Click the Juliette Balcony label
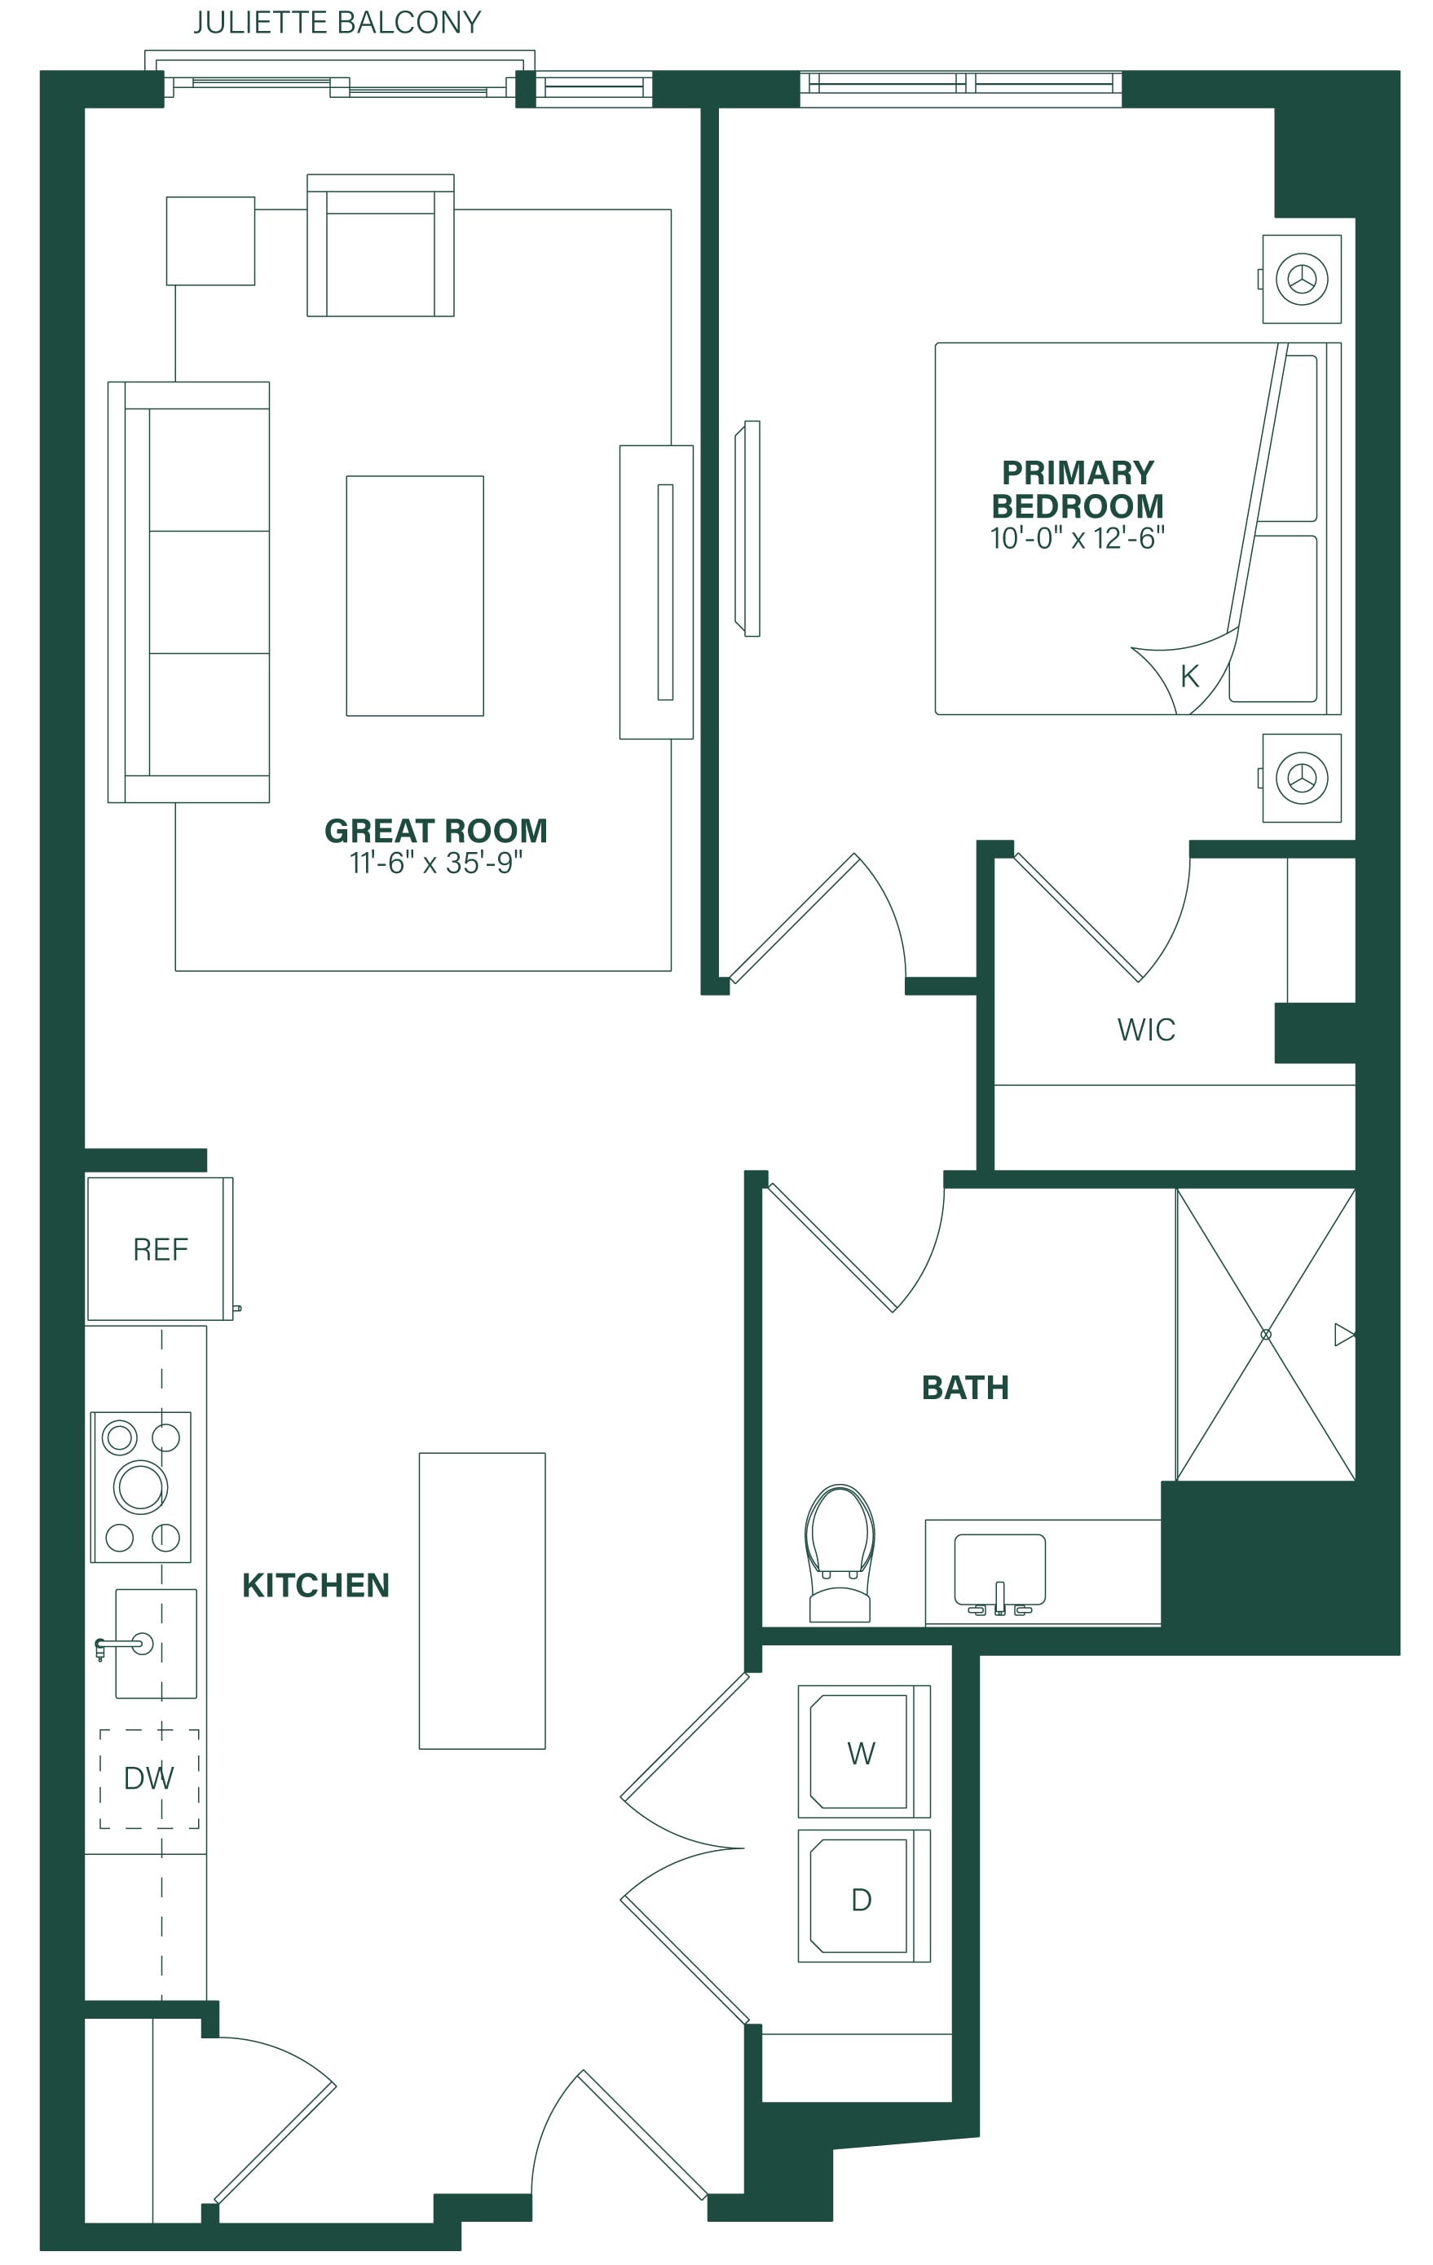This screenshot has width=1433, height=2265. pyautogui.click(x=337, y=23)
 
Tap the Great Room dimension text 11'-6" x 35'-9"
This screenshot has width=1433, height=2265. pyautogui.click(x=435, y=863)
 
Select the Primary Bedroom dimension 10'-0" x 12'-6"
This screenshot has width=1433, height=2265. pyautogui.click(x=1077, y=538)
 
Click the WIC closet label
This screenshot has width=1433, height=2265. pyautogui.click(x=1146, y=1030)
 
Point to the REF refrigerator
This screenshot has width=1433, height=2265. pyautogui.click(x=160, y=1249)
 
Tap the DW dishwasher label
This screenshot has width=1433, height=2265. pyautogui.click(x=148, y=1777)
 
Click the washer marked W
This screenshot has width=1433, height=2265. pyautogui.click(x=863, y=1751)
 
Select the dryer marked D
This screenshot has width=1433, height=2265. pyautogui.click(x=863, y=1896)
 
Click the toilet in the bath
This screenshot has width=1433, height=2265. pyautogui.click(x=840, y=1553)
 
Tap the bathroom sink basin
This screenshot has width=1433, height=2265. pyautogui.click(x=999, y=1570)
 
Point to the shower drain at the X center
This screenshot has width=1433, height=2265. pyautogui.click(x=1266, y=1335)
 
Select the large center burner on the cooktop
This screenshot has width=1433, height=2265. pyautogui.click(x=140, y=1487)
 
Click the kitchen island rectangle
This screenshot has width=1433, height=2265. pyautogui.click(x=483, y=1601)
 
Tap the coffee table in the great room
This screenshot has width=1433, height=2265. pyautogui.click(x=415, y=595)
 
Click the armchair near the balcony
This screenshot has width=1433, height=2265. pyautogui.click(x=381, y=245)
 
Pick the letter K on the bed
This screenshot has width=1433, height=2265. pyautogui.click(x=1189, y=676)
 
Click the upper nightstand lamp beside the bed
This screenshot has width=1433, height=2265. pyautogui.click(x=1303, y=280)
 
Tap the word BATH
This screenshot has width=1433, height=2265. pyautogui.click(x=965, y=1388)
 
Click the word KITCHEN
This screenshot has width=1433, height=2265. pyautogui.click(x=316, y=1585)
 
